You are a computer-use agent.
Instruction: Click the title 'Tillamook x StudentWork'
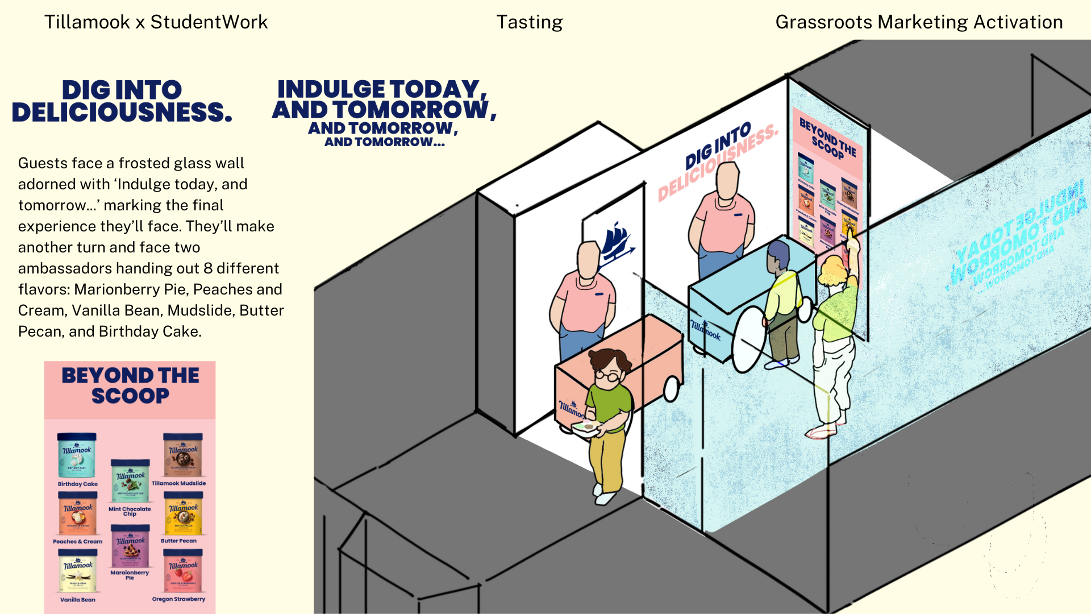[x=156, y=22]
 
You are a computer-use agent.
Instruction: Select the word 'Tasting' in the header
[x=529, y=22]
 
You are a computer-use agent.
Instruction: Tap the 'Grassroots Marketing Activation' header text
[x=919, y=22]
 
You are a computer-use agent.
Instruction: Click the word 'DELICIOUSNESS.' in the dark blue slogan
[x=122, y=112]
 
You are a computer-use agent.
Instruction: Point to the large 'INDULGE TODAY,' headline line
[x=382, y=89]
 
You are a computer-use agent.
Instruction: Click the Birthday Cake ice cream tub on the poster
[x=77, y=455]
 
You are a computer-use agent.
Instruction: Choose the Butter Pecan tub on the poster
[x=183, y=513]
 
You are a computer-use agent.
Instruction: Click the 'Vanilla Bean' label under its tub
[x=78, y=599]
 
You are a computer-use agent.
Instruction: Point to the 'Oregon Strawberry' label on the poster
[x=178, y=599]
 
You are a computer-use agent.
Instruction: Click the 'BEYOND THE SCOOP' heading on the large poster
[x=130, y=385]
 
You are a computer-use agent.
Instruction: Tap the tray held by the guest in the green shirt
[x=585, y=429]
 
